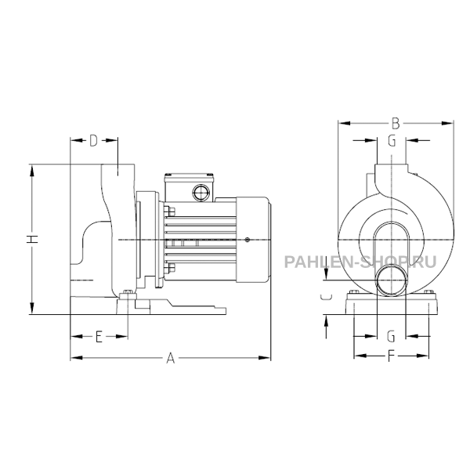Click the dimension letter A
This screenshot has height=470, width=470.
point(170,358)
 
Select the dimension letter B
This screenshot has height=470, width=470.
point(396,123)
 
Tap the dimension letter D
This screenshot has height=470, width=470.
point(93,140)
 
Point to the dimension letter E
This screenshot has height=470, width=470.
point(99,336)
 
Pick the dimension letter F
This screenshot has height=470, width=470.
point(391,356)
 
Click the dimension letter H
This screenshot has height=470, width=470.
point(32,239)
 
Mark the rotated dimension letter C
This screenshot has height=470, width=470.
point(326,297)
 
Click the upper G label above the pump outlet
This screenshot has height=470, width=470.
point(392,140)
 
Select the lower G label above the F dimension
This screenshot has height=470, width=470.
point(391,336)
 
